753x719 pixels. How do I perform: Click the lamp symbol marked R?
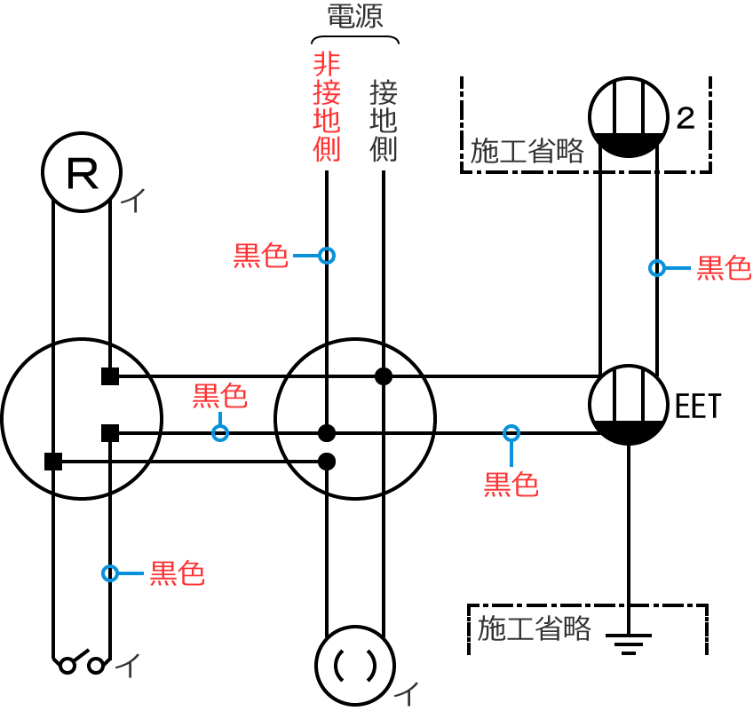click(83, 172)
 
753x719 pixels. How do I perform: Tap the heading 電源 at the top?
click(354, 17)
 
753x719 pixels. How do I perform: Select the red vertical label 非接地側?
click(327, 106)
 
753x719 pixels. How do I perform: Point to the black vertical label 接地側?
click(384, 121)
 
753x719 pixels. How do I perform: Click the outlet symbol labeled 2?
click(629, 116)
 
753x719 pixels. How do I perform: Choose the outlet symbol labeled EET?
click(629, 405)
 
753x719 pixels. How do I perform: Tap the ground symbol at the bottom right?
click(629, 641)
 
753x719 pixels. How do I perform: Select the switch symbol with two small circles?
click(81, 663)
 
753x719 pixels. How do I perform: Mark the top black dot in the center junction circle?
click(384, 376)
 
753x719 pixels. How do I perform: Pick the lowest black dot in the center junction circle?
click(327, 461)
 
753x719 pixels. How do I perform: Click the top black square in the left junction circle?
click(110, 376)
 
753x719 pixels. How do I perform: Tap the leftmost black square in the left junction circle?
click(53, 461)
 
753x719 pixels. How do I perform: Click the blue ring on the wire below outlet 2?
click(657, 267)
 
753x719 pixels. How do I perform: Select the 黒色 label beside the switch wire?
click(177, 573)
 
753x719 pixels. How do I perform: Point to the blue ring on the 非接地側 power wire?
click(327, 256)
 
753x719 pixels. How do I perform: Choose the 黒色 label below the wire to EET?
click(511, 485)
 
